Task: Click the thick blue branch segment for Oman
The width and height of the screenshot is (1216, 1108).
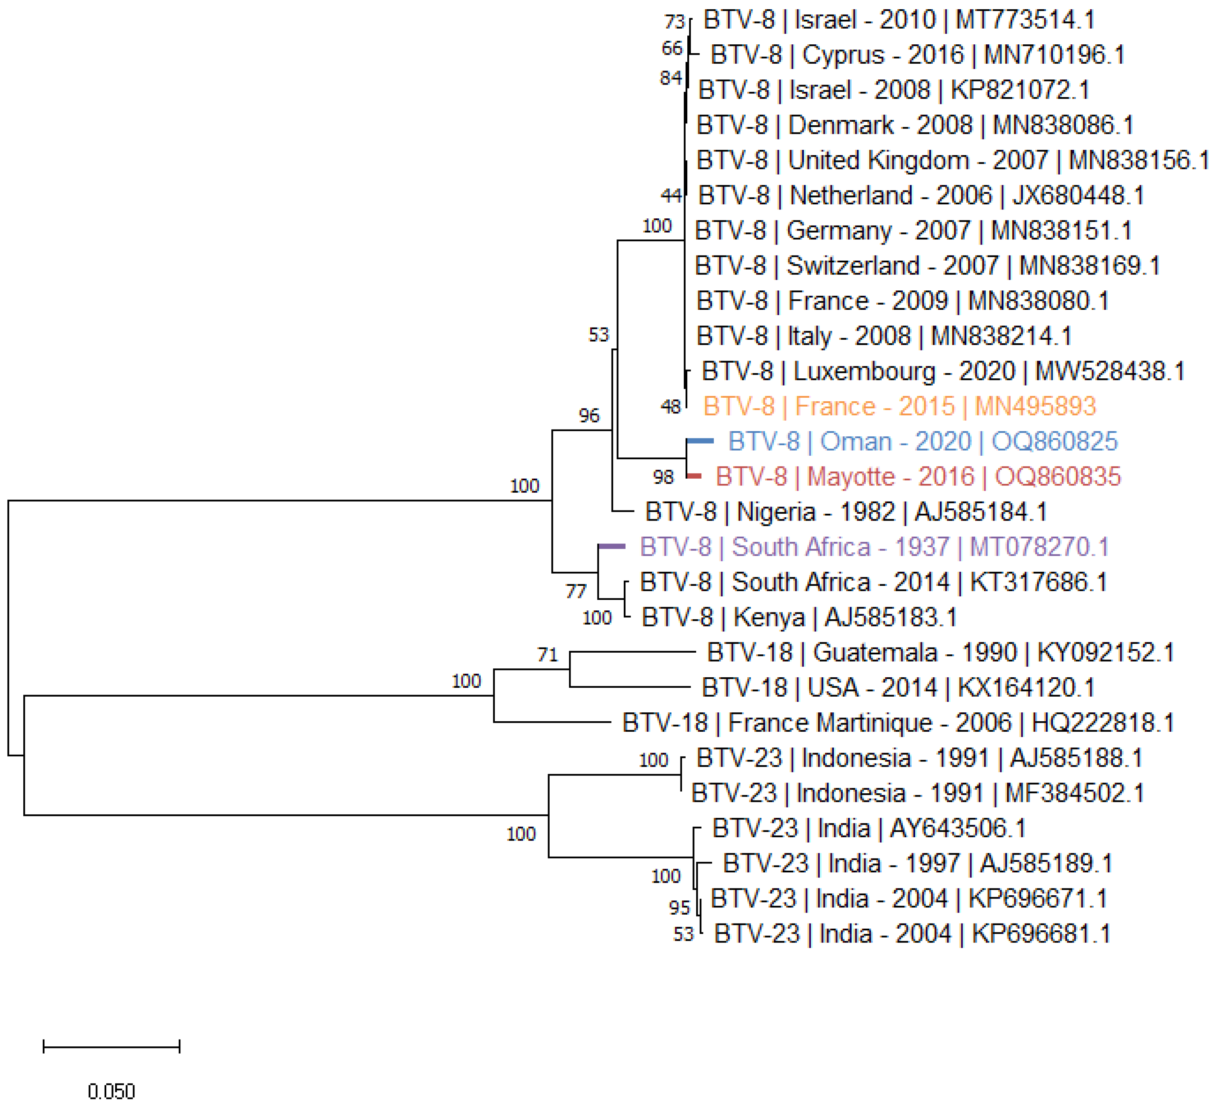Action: click(700, 441)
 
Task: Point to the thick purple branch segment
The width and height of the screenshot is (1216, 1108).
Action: click(612, 546)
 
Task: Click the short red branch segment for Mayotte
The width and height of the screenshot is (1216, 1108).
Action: click(694, 476)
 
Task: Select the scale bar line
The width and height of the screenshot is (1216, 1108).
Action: click(112, 1046)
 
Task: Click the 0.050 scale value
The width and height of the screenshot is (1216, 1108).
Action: click(111, 1091)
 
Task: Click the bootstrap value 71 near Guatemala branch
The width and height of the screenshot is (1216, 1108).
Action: click(548, 655)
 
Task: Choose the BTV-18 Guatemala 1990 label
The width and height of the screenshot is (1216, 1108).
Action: click(940, 652)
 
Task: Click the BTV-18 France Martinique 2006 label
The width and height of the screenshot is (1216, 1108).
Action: click(898, 722)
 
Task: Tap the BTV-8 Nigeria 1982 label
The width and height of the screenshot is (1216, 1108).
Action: click(846, 512)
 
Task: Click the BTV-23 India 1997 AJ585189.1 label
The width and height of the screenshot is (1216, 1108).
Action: click(917, 863)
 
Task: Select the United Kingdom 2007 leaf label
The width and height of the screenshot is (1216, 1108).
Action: click(952, 160)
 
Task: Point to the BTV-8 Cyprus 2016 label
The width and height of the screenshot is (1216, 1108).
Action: click(917, 55)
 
